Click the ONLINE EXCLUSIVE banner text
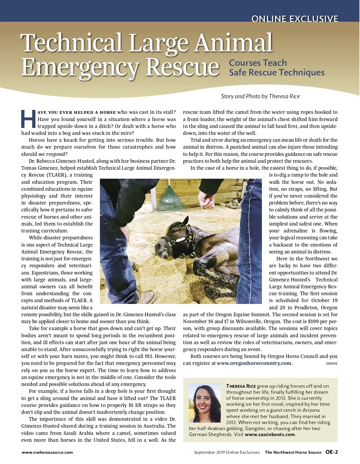pyautogui.click(x=295, y=19)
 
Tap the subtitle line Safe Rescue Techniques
pyautogui.click(x=277, y=73)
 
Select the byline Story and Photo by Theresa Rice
pyautogui.click(x=260, y=96)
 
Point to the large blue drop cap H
pyautogui.click(x=28, y=119)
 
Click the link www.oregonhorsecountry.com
pyautogui.click(x=254, y=363)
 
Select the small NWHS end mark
pyautogui.click(x=331, y=364)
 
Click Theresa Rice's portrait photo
pyautogui.click(x=205, y=402)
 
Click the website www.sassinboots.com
pyautogui.click(x=270, y=435)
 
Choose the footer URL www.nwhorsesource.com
pyautogui.click(x=47, y=452)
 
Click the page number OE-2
pyautogui.click(x=331, y=452)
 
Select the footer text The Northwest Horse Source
pyautogui.click(x=293, y=452)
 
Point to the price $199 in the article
pyautogui.click(x=314, y=322)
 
